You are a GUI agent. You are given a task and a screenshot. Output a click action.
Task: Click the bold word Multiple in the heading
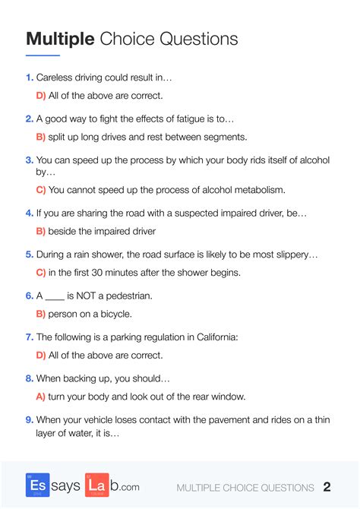(59, 39)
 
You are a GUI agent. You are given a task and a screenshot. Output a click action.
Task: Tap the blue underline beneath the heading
(43, 55)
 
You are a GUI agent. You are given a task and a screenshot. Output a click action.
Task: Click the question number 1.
(29, 77)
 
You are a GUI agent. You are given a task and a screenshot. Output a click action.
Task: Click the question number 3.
(29, 160)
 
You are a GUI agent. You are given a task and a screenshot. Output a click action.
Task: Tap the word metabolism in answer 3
(258, 190)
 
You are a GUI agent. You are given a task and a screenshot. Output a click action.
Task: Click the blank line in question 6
(55, 296)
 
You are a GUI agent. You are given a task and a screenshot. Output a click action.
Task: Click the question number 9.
(29, 419)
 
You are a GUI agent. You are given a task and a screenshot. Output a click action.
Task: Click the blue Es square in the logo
(37, 485)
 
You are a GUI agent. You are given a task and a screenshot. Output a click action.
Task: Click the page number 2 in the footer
(327, 487)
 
